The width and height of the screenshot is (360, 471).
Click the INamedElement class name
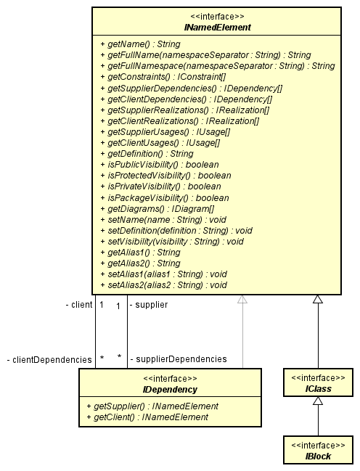[x=216, y=28]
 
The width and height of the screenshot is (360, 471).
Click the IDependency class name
[x=170, y=389]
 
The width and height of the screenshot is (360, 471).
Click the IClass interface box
[x=318, y=383]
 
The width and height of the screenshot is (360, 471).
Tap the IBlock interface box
[x=318, y=450]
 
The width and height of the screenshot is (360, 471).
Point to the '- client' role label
[x=78, y=305]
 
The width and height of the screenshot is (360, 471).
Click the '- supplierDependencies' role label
[x=178, y=359]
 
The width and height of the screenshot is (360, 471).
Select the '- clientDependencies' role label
[x=49, y=359]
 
